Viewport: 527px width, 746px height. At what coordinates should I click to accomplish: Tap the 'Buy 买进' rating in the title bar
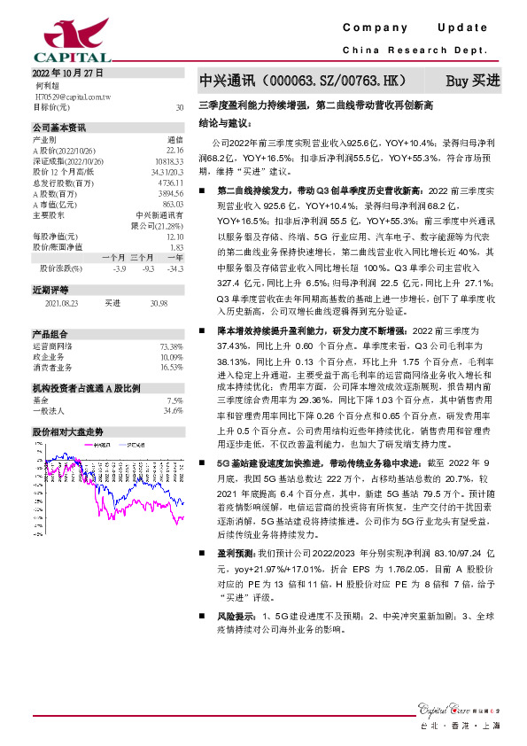click(472, 81)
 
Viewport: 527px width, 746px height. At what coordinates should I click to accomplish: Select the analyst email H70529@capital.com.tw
click(78, 96)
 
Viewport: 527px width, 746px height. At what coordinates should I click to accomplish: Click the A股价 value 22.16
click(174, 150)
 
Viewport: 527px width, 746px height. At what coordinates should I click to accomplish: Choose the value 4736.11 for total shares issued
click(171, 183)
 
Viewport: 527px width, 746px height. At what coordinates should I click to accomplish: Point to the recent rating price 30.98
click(159, 303)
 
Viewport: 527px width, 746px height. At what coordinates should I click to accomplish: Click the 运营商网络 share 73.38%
click(171, 346)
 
